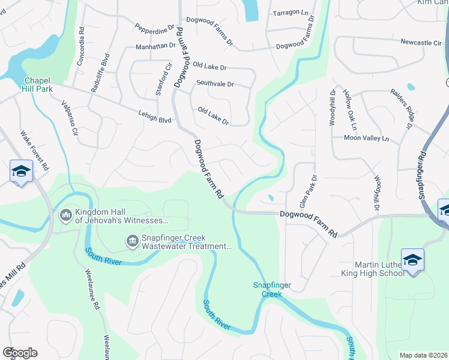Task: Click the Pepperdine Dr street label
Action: pyautogui.click(x=154, y=28)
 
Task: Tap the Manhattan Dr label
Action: pyautogui.click(x=155, y=46)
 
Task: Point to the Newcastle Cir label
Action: pyautogui.click(x=421, y=43)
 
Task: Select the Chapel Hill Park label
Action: pyautogui.click(x=38, y=85)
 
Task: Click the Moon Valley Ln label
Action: pyautogui.click(x=366, y=139)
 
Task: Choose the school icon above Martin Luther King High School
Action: pyautogui.click(x=412, y=260)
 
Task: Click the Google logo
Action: pyautogui.click(x=20, y=353)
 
